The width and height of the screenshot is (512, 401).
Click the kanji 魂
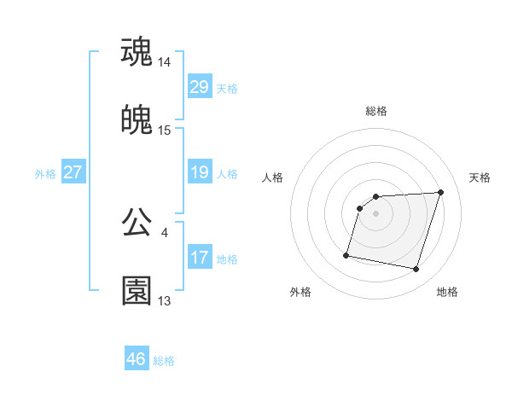[137, 52]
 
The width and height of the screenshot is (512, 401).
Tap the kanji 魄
[137, 120]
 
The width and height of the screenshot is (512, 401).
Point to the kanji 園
[137, 291]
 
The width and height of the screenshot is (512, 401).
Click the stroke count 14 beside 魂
[165, 62]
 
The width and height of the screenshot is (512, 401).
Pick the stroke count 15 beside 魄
[165, 131]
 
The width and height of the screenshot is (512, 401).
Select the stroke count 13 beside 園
[165, 301]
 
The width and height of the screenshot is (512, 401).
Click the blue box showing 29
[200, 87]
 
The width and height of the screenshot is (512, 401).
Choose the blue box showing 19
[200, 172]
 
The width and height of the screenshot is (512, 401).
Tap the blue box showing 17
[200, 258]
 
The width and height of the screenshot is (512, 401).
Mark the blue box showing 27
[73, 172]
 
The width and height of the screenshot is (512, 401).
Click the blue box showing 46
[137, 359]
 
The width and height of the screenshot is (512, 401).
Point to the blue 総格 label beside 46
[164, 361]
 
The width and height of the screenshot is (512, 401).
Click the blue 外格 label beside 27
[45, 174]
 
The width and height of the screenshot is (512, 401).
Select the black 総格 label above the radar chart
[376, 111]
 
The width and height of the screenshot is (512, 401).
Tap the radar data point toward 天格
[440, 192]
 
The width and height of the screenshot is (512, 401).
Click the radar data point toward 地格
[416, 270]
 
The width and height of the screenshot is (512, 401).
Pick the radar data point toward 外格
[346, 255]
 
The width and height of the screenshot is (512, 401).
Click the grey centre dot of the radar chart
[376, 213]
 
